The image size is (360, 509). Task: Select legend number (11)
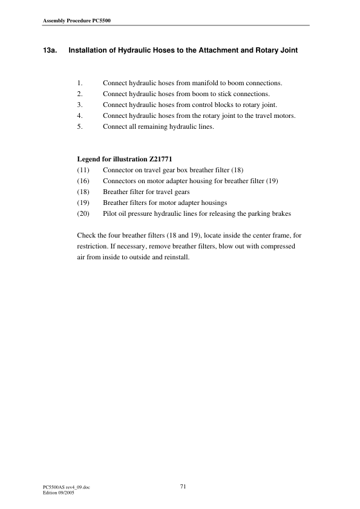point(83,170)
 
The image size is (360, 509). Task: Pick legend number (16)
point(83,181)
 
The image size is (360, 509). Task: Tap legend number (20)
point(83,213)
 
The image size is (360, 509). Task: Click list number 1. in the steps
point(80,83)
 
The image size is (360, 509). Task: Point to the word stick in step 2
point(228,94)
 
